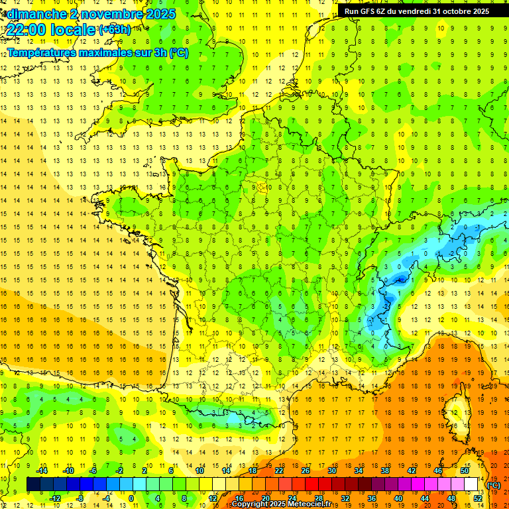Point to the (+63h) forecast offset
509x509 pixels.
pos(115,29)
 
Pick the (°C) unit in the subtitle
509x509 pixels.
pos(178,52)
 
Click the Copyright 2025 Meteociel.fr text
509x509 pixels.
pos(281,504)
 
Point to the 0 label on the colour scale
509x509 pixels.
pos(131,498)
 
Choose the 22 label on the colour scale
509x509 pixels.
pos(279,471)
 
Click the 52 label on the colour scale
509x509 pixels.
pos(477,498)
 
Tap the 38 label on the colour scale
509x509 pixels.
pos(384,471)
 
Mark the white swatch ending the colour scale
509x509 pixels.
pos(471,484)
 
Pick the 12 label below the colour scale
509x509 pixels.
pos(212,498)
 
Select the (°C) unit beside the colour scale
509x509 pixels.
pos(494,485)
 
